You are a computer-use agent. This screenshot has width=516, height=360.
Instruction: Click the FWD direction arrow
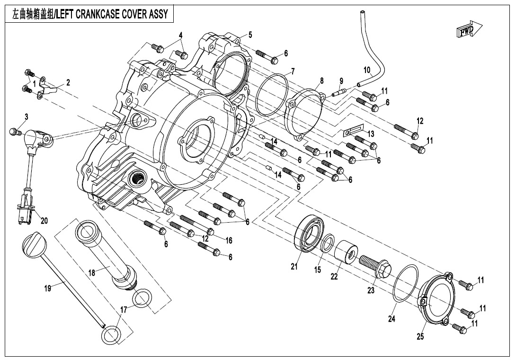[469, 29]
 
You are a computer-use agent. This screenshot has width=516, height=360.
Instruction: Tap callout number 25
[420, 337]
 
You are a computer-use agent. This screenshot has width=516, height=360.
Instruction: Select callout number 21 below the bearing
[294, 266]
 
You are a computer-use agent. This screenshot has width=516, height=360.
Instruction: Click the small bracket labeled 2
[46, 88]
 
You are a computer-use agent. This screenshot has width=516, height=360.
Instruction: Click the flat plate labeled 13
[353, 129]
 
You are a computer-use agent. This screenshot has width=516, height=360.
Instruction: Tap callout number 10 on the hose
[367, 70]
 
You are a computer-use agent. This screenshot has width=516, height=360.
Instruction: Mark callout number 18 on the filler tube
[92, 273]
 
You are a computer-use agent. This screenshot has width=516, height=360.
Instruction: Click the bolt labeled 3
[16, 131]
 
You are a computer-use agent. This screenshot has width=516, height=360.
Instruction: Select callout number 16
[228, 241]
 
